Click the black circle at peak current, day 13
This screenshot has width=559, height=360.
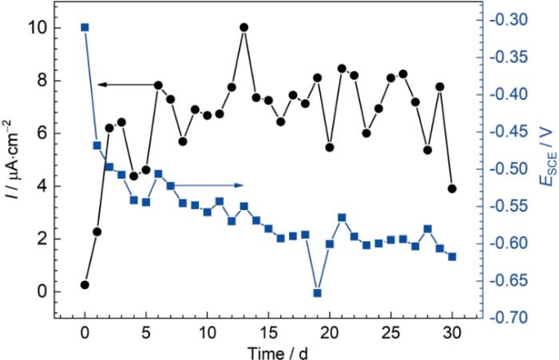tap(244, 27)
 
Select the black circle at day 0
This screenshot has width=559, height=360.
tap(85, 285)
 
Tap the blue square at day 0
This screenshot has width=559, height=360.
tap(85, 27)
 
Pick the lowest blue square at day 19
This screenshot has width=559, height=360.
tap(317, 293)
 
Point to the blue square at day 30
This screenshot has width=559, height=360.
tap(452, 256)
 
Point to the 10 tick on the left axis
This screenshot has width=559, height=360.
tap(43, 28)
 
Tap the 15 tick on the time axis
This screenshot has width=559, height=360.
tap(268, 330)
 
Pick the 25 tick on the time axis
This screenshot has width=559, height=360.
tap(391, 330)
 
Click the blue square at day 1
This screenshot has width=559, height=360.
tap(97, 145)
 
